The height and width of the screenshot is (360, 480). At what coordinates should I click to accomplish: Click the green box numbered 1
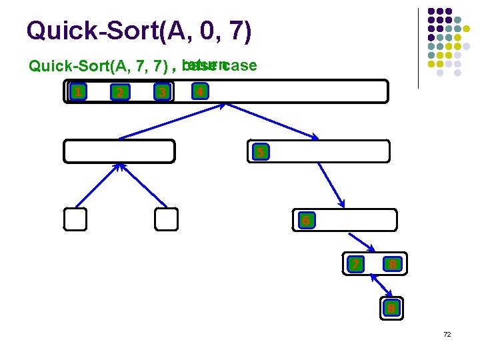(x=79, y=91)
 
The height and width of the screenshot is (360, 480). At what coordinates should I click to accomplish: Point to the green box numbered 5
(x=261, y=152)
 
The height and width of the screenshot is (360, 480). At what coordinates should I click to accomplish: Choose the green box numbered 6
(x=305, y=220)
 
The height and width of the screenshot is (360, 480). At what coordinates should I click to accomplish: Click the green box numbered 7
(x=357, y=265)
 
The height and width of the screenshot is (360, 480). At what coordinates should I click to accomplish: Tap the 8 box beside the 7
(x=393, y=265)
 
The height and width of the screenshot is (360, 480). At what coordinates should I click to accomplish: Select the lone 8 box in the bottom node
(x=392, y=307)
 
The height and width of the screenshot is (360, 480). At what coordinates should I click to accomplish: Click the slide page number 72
(x=447, y=334)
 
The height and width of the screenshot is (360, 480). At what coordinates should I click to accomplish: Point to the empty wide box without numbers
(x=119, y=151)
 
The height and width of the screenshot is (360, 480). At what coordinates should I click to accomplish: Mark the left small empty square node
(x=75, y=219)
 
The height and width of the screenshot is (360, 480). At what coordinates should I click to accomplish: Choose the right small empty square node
(x=166, y=219)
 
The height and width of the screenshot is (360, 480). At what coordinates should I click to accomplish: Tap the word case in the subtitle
(x=241, y=66)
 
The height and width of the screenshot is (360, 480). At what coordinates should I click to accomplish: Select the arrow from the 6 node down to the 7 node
(x=362, y=241)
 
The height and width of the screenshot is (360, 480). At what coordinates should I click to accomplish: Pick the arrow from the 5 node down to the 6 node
(x=331, y=185)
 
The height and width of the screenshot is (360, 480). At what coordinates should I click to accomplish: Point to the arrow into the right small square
(x=142, y=186)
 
